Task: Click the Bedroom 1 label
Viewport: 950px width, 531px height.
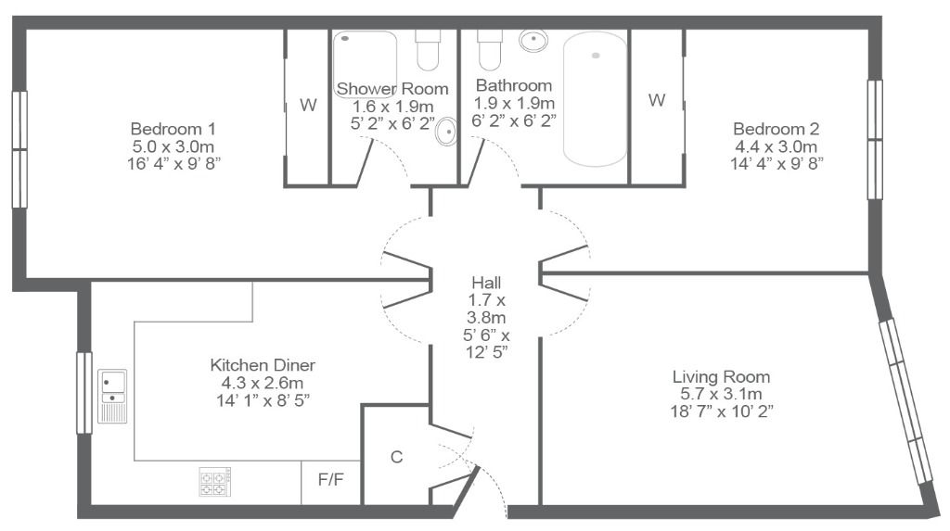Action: pyautogui.click(x=173, y=129)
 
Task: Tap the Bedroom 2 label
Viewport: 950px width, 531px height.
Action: pyautogui.click(x=776, y=129)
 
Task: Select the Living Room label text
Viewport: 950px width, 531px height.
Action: pyautogui.click(x=721, y=377)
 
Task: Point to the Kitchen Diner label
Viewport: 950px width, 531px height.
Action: pyautogui.click(x=263, y=365)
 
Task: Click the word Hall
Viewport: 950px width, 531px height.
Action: pyautogui.click(x=486, y=283)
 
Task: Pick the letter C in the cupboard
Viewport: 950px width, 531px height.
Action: pyautogui.click(x=397, y=457)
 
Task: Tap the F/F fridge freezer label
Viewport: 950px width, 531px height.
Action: pyautogui.click(x=331, y=480)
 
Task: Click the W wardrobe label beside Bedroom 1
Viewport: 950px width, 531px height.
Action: pyautogui.click(x=308, y=106)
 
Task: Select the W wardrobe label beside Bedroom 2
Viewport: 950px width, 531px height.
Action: pyautogui.click(x=657, y=100)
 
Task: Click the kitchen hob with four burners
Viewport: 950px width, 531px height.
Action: pyautogui.click(x=215, y=481)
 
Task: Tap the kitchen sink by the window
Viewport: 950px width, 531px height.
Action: pyautogui.click(x=112, y=396)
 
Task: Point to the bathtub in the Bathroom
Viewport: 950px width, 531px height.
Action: pyautogui.click(x=595, y=98)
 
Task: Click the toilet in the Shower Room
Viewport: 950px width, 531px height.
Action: pyautogui.click(x=428, y=50)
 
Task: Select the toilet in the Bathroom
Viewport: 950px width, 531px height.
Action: pyautogui.click(x=490, y=50)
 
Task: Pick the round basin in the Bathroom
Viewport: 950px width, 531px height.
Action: pyautogui.click(x=533, y=41)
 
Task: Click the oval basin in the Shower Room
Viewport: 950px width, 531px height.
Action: pyautogui.click(x=446, y=132)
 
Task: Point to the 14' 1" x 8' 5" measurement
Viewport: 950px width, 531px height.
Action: pyautogui.click(x=263, y=400)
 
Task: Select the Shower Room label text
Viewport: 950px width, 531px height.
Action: pyautogui.click(x=392, y=89)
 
